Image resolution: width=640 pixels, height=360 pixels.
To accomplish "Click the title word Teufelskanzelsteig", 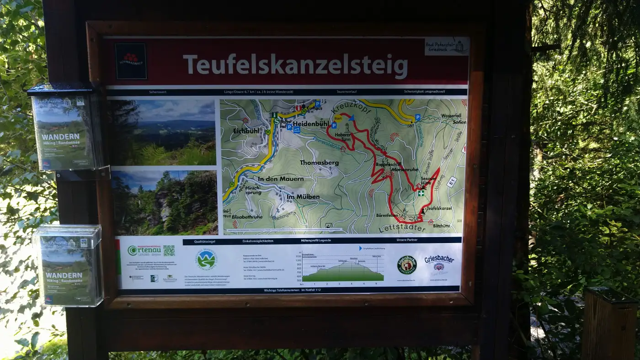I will [x=295, y=66].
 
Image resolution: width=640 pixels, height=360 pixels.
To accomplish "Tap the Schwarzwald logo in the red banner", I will [x=131, y=61].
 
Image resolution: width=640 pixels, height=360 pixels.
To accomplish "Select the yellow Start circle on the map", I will [x=338, y=118].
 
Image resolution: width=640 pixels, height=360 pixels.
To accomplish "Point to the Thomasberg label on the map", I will [x=319, y=163].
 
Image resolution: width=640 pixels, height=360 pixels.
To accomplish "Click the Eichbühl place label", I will [x=246, y=131].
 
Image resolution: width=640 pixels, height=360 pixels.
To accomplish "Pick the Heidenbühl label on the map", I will [x=311, y=124].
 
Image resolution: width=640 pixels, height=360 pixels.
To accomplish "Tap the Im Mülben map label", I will [x=303, y=197].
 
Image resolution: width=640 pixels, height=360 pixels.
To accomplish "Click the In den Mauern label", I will [x=280, y=179].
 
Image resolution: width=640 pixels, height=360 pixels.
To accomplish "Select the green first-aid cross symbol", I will [x=421, y=193].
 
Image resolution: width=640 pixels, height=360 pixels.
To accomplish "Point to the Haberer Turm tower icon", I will [x=347, y=127].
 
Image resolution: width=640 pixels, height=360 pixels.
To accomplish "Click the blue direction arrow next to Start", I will [x=351, y=118].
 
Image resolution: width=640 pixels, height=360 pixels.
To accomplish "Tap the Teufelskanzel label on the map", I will [x=438, y=208].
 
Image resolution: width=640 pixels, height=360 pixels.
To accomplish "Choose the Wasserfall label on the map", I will [x=451, y=116].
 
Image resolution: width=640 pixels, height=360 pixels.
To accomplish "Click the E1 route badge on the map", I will [x=451, y=182].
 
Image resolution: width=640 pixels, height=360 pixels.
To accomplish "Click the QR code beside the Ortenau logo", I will [x=169, y=250].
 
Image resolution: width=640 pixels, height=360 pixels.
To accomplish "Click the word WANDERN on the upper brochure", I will [x=60, y=137].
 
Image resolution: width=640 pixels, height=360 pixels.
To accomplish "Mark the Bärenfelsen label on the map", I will [x=387, y=215].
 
